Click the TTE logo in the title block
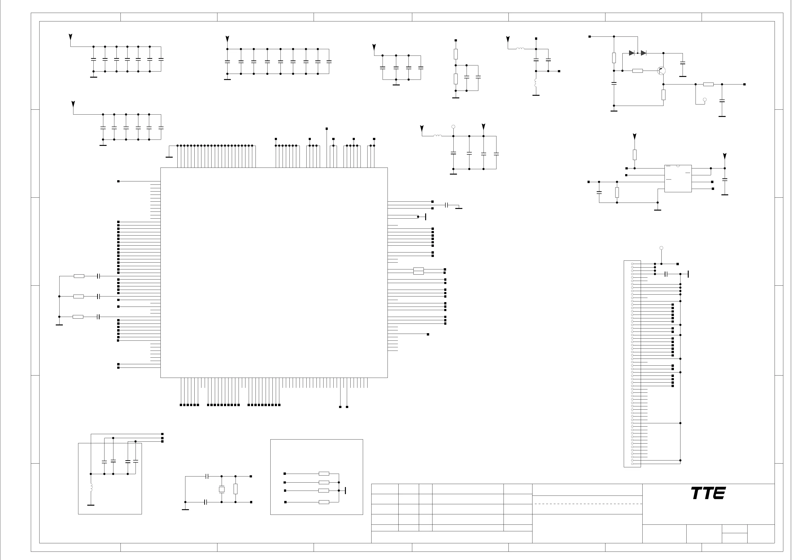[708, 493]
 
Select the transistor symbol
[661, 71]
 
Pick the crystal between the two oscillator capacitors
[221, 489]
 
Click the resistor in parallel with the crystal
[235, 489]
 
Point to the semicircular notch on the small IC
[678, 166]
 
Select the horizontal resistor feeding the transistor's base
[637, 71]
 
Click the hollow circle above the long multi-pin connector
[661, 248]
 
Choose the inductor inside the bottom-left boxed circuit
[91, 487]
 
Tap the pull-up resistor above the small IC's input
[635, 155]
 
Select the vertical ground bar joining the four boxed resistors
[345, 490]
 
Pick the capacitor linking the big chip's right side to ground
[447, 205]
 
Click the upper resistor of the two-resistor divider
[456, 54]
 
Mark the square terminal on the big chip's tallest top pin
[327, 129]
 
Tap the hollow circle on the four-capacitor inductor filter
[453, 127]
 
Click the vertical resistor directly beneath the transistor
[663, 95]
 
